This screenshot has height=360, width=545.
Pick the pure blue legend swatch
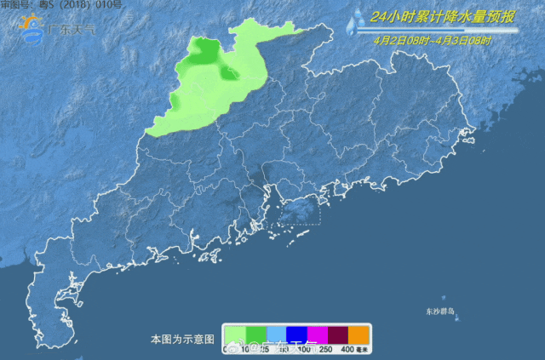(295, 334)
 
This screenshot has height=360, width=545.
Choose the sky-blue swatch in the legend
(275, 334)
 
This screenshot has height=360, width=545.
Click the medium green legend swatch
(255, 334)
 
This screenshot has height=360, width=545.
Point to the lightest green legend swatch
(234, 334)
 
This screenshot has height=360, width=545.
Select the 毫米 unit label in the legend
(362, 349)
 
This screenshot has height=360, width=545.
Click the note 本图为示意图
(182, 339)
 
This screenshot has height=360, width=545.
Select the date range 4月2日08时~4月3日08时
(433, 40)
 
